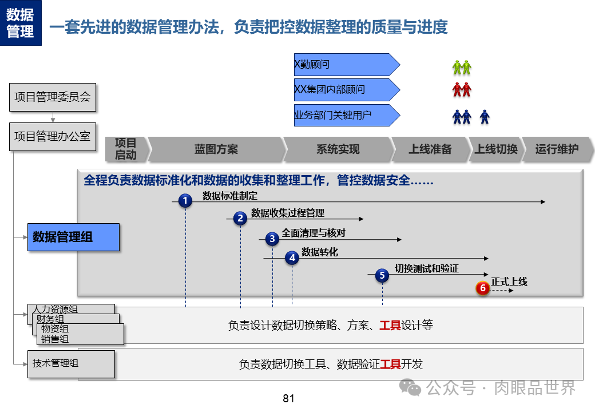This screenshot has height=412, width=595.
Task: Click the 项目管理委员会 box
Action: [53, 97]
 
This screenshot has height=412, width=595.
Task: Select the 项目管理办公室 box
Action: [53, 136]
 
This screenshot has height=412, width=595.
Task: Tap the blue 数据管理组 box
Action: [73, 237]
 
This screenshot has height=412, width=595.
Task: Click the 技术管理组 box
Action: [71, 364]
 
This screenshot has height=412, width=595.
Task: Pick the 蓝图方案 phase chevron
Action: [216, 149]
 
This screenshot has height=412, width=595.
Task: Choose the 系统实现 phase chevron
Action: [338, 149]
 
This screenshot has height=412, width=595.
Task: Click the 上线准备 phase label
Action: [430, 149]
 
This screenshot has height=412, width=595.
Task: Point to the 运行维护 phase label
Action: [557, 149]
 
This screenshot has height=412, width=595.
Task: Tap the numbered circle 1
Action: [185, 201]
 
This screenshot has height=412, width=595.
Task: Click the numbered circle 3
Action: [272, 239]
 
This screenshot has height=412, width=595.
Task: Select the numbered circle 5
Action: [382, 275]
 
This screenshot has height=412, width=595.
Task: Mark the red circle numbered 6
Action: [482, 288]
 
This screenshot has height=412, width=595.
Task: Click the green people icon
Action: [462, 68]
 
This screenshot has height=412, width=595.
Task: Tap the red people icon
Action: [462, 90]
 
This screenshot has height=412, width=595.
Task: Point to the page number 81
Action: [288, 398]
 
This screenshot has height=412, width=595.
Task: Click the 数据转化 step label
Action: [320, 252]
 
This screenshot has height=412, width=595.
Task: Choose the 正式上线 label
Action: [509, 282]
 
